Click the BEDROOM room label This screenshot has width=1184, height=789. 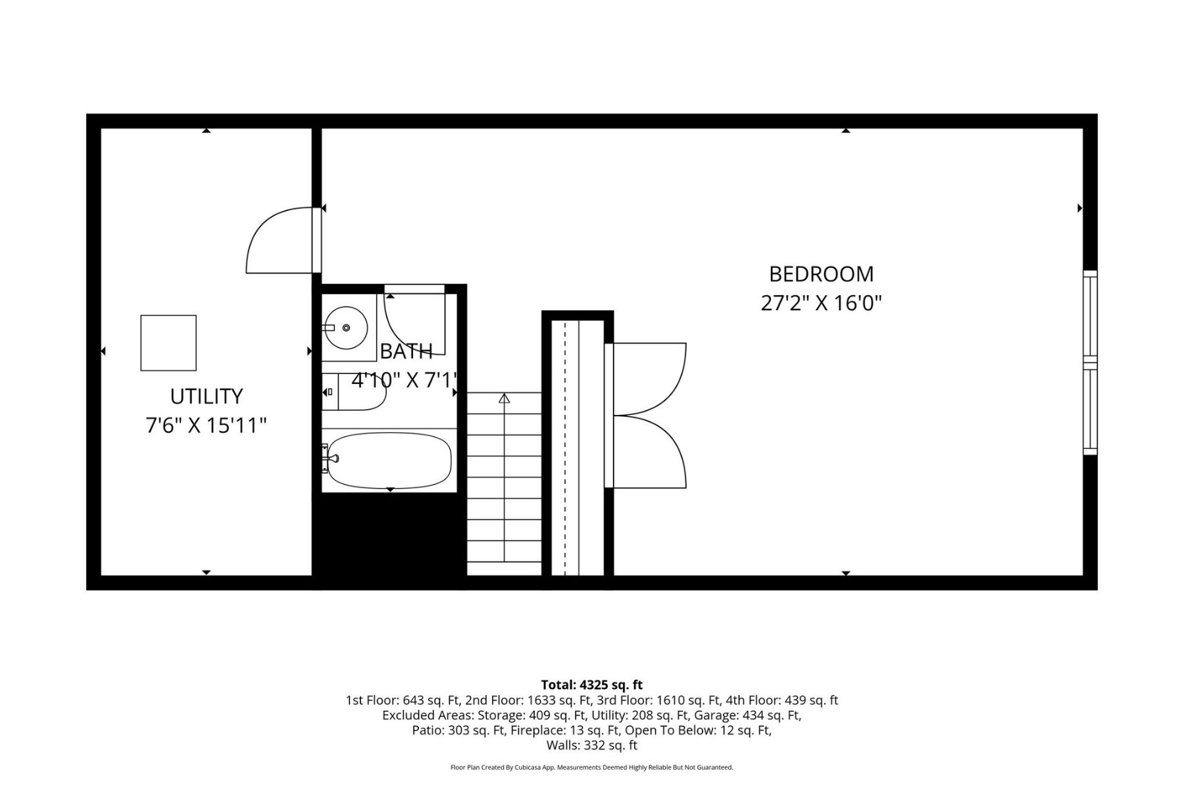821,274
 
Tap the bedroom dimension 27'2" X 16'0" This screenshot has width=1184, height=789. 821,303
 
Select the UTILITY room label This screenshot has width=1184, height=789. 207,396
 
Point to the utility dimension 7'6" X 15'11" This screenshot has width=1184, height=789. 207,426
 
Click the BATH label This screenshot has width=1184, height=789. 407,351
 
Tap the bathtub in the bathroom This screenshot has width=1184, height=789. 388,460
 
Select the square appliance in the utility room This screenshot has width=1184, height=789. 168,343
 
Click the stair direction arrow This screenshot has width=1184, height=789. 504,398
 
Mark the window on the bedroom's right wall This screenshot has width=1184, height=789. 1090,362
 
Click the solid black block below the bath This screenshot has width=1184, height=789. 389,534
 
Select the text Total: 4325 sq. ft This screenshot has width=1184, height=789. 591,685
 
